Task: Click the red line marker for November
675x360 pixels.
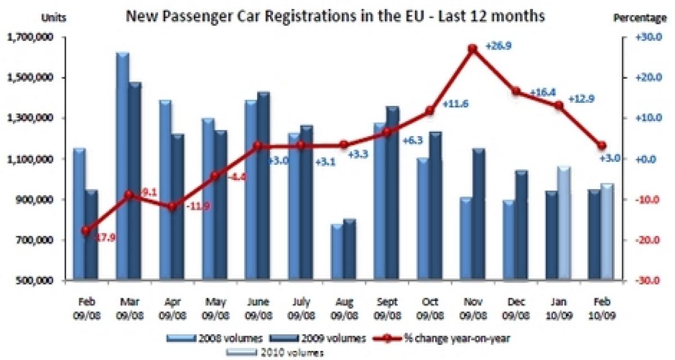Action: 473,49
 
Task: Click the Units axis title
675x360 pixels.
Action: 54,18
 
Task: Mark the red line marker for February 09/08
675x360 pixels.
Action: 85,231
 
